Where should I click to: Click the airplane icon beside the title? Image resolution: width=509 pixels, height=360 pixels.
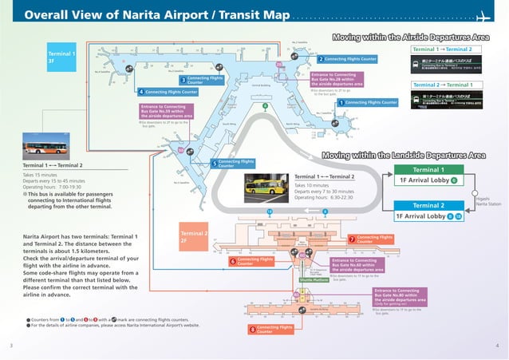pos(483,17)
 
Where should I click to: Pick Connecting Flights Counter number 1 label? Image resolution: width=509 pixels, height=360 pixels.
pos(367,103)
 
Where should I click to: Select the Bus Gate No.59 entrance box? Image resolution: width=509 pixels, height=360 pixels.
pos(167,111)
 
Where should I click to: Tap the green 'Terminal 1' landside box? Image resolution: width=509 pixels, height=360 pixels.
pos(429,170)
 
